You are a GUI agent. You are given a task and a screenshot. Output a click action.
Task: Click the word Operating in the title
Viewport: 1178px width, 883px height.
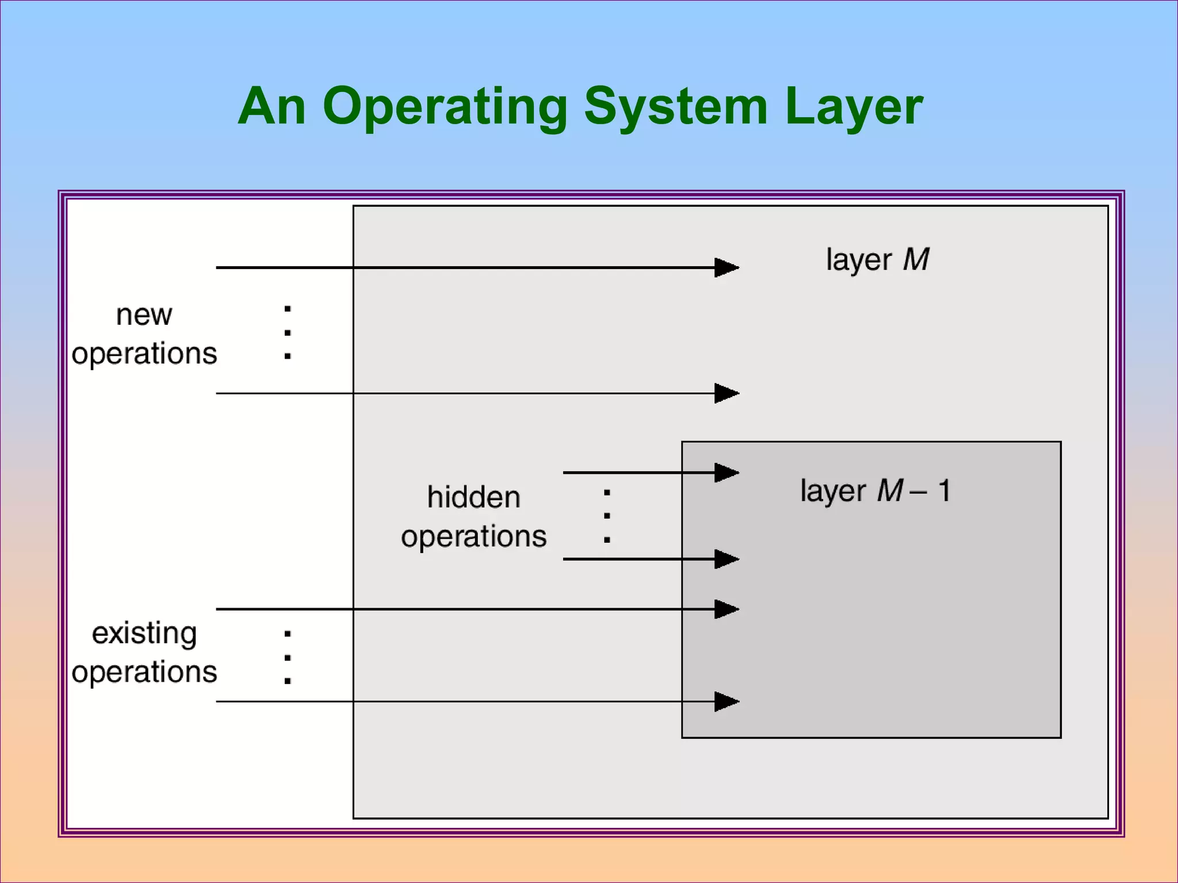pyautogui.click(x=445, y=107)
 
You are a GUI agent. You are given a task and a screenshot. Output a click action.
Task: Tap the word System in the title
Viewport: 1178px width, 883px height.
pyautogui.click(x=676, y=107)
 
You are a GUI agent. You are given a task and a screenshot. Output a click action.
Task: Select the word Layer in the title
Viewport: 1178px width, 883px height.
pyautogui.click(x=854, y=107)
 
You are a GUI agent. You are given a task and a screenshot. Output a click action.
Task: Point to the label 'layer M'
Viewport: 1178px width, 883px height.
pyautogui.click(x=877, y=260)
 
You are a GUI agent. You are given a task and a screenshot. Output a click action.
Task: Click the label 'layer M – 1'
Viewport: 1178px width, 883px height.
pyautogui.click(x=875, y=491)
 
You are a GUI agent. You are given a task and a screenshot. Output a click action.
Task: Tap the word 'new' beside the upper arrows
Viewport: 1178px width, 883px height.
pyautogui.click(x=144, y=315)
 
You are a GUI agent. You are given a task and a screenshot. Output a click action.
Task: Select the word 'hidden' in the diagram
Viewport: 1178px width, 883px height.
pyautogui.click(x=473, y=497)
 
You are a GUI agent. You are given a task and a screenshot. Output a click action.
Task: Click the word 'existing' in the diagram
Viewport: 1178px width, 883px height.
pyautogui.click(x=144, y=634)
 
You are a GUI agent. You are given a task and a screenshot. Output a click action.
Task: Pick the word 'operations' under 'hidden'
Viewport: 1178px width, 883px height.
pyautogui.click(x=473, y=536)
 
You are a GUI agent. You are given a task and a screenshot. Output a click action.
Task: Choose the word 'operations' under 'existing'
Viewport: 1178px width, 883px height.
pyautogui.click(x=144, y=671)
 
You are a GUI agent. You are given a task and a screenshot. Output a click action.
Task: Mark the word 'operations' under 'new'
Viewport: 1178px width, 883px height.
pyautogui.click(x=144, y=353)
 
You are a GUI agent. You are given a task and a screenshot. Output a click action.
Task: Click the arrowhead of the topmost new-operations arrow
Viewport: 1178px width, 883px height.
pyautogui.click(x=726, y=267)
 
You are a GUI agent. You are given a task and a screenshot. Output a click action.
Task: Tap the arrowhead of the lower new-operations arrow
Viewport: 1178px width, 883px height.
pyautogui.click(x=726, y=393)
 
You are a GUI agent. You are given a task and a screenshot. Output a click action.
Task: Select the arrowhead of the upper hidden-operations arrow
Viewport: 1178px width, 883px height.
pyautogui.click(x=726, y=473)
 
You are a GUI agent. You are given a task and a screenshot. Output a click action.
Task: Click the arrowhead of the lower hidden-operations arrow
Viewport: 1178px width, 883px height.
pyautogui.click(x=726, y=559)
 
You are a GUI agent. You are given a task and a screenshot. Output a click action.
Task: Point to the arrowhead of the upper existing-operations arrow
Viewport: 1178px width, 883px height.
pyautogui.click(x=726, y=609)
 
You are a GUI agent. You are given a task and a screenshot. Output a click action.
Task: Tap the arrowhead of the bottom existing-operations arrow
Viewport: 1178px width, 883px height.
pyautogui.click(x=726, y=701)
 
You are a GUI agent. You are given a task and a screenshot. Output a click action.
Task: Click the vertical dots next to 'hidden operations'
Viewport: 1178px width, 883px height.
pyautogui.click(x=607, y=516)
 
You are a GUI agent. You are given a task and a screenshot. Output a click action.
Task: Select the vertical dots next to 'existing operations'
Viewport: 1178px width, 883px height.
pyautogui.click(x=288, y=658)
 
